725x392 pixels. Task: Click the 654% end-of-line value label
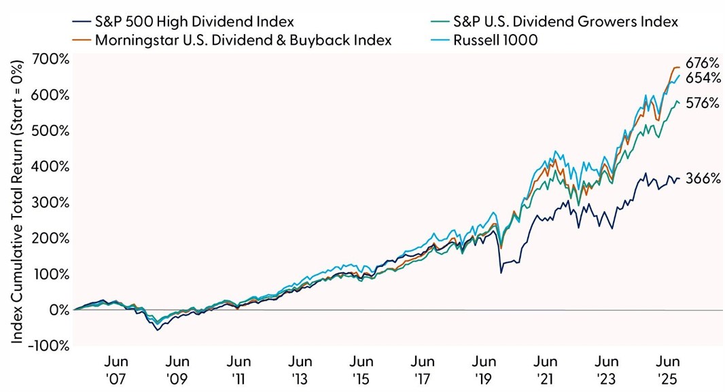tap(702, 78)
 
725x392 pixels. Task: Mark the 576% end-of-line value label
tap(702, 103)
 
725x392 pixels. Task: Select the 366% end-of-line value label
tap(702, 179)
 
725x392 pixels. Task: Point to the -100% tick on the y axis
tap(49, 346)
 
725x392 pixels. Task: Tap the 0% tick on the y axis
tap(57, 310)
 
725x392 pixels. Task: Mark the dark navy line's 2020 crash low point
tap(501, 273)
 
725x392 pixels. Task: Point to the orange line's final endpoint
tap(680, 67)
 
